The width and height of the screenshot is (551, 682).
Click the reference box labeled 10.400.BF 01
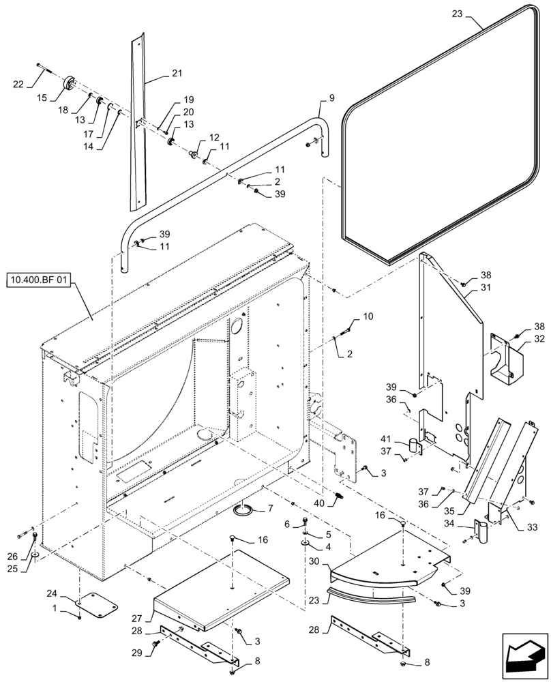tap(39, 280)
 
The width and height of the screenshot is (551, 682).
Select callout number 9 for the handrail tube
tap(331, 98)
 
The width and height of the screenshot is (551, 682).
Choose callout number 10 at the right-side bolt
tap(368, 316)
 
